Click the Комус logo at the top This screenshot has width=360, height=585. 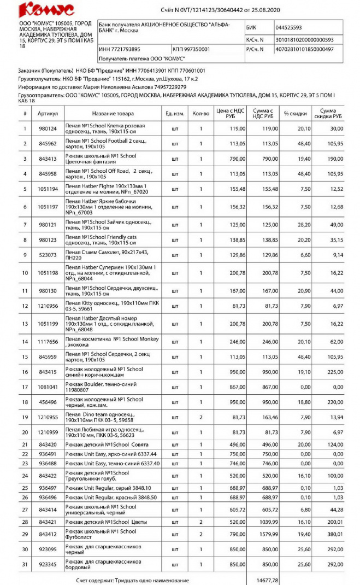[x=46, y=10]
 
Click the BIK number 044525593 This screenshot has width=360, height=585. [x=289, y=27]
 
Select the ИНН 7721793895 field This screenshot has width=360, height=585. [x=123, y=49]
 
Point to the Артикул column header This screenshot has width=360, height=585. [x=48, y=113]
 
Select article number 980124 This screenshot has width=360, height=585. [x=48, y=129]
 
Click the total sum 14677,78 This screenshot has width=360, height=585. [x=266, y=580]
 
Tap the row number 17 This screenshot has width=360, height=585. [x=25, y=387]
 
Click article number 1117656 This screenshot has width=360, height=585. [x=48, y=342]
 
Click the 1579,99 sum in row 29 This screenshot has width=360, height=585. [x=266, y=533]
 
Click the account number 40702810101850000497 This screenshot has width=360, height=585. [x=304, y=49]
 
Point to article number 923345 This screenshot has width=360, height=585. [x=48, y=564]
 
